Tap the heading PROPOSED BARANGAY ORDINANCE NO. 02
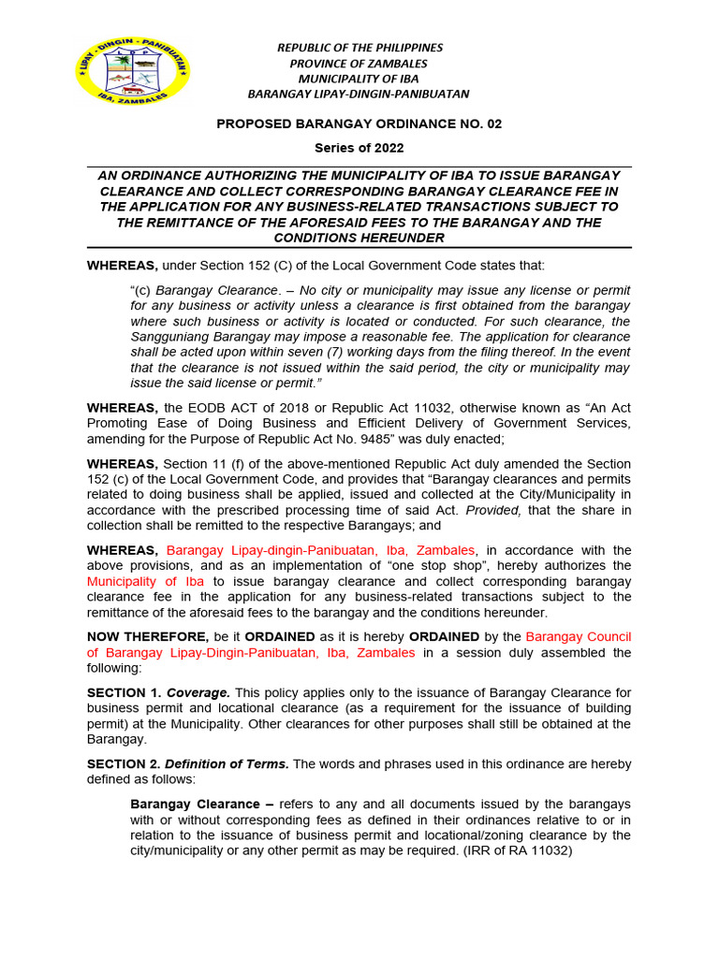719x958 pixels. (359, 123)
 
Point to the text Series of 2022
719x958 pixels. (359, 148)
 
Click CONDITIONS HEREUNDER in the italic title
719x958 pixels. (359, 238)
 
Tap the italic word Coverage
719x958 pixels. (198, 692)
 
